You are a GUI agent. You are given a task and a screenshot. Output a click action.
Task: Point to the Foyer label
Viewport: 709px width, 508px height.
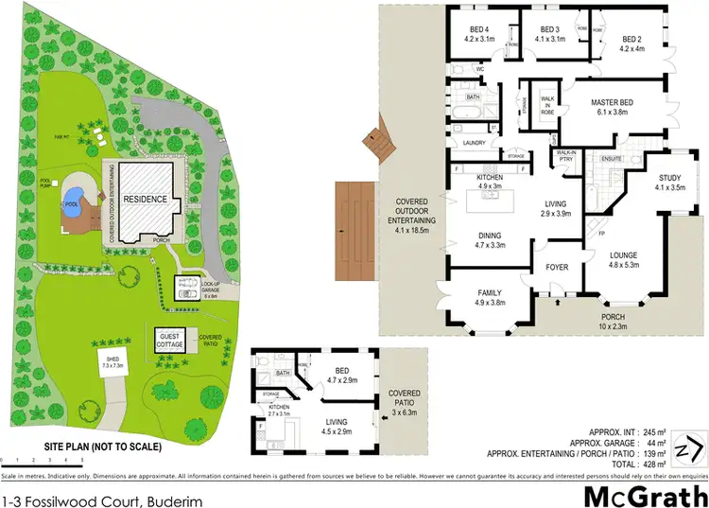coord(558,268)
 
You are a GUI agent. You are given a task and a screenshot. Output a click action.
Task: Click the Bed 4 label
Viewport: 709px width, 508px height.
coord(479,34)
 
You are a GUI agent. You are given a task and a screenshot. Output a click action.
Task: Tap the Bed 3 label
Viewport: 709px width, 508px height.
coord(549,34)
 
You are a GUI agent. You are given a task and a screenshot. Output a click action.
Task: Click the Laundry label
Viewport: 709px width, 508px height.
coord(474,144)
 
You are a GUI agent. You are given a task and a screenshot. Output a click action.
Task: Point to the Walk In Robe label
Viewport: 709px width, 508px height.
coord(545,101)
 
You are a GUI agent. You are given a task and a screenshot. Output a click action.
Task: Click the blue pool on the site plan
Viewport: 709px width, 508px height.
coord(71,203)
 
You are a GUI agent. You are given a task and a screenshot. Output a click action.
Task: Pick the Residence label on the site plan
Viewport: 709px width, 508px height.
coord(144,200)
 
